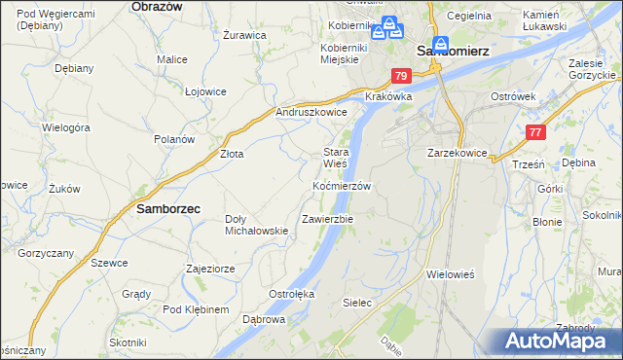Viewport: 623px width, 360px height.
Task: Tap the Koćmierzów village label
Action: click(341, 186)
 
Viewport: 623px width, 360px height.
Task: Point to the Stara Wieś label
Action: click(336, 159)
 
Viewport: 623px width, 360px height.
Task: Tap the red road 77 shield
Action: click(534, 132)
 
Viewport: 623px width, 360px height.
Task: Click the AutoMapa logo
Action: click(559, 342)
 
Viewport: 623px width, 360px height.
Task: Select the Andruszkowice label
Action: click(311, 113)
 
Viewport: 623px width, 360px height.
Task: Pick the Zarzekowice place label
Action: click(457, 154)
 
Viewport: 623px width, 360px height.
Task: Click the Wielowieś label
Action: click(450, 275)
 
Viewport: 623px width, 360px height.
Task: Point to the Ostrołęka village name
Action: click(291, 293)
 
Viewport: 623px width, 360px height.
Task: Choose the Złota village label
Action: click(231, 154)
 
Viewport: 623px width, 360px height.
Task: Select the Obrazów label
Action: click(157, 6)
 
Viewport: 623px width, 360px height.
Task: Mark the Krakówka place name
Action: click(388, 97)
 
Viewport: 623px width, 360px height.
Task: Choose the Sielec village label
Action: click(357, 303)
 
